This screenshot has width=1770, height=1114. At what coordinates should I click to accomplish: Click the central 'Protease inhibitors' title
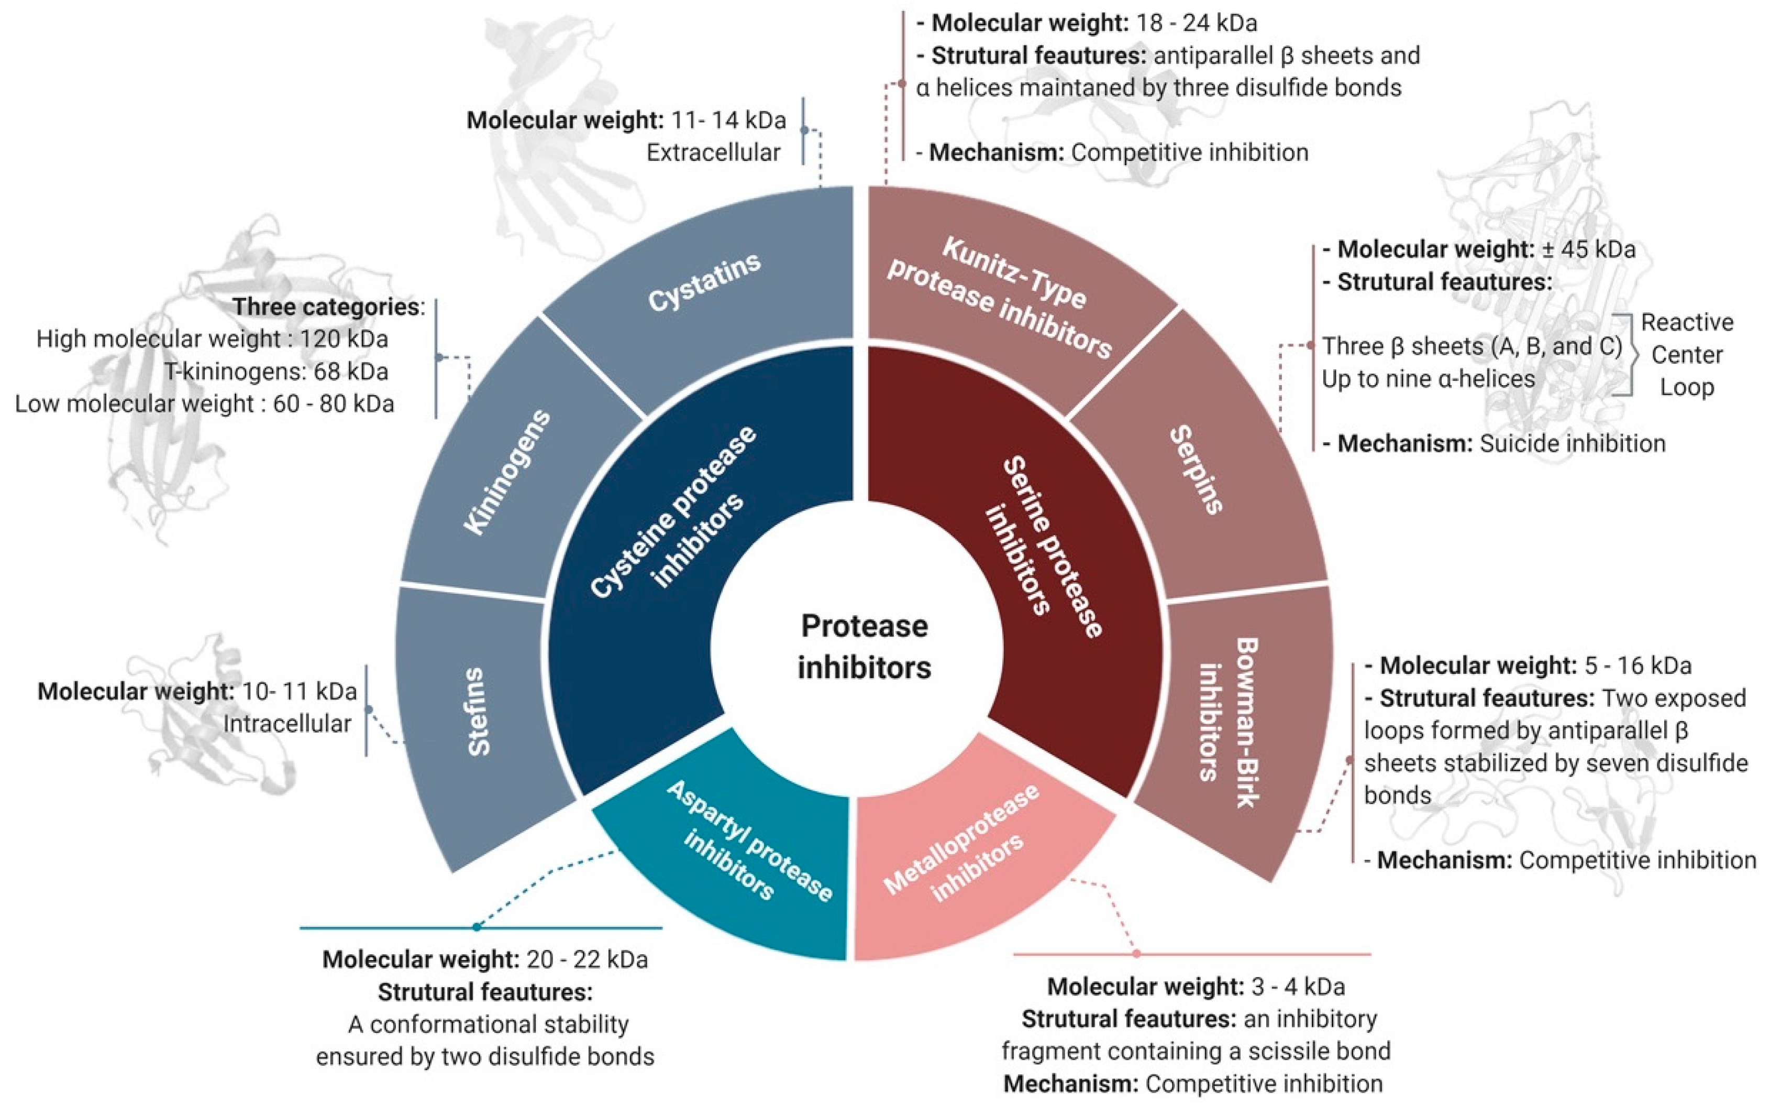(x=865, y=647)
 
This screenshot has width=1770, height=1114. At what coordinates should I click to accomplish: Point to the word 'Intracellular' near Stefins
(x=286, y=724)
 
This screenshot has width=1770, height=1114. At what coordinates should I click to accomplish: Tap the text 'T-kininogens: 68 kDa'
(x=275, y=372)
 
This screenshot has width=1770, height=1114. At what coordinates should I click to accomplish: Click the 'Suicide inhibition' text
(x=1572, y=443)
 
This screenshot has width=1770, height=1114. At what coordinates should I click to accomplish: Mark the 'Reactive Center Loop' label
(x=1687, y=354)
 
